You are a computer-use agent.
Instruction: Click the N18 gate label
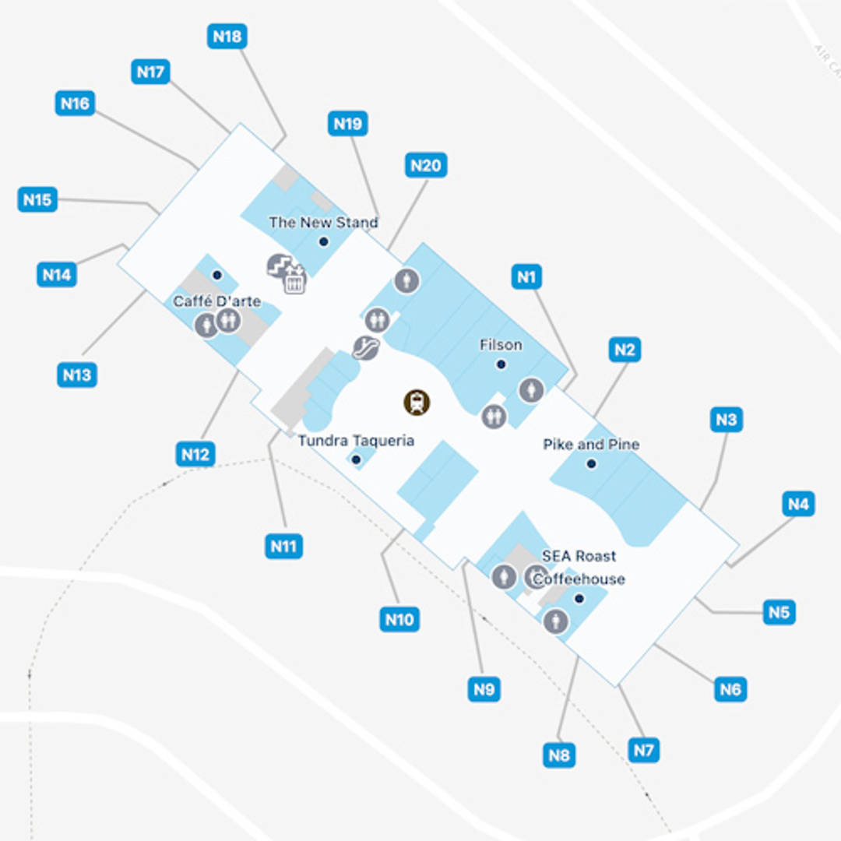pos(227,36)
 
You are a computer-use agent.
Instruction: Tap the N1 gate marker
pos(527,276)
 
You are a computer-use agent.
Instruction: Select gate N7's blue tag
pos(643,751)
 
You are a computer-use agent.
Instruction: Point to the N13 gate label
pos(76,375)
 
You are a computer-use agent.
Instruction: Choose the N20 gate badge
pos(426,165)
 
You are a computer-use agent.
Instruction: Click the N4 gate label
pos(798,504)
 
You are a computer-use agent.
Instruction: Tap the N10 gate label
pos(399,620)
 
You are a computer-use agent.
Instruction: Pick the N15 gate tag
pos(37,199)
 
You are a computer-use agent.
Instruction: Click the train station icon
pos(417,402)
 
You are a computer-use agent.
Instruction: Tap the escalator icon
pos(365,347)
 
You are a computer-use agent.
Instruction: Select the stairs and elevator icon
pos(286,273)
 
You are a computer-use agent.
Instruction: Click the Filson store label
pos(501,345)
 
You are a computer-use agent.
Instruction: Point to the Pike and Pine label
pos(591,445)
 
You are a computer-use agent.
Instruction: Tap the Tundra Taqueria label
pos(356,441)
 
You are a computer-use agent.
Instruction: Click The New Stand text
pos(323,223)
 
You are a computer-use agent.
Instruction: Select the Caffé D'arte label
pos(216,301)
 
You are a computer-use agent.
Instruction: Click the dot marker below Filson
pos(501,364)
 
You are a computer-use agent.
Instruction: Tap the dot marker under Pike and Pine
pos(591,464)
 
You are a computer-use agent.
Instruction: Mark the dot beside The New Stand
pos(323,241)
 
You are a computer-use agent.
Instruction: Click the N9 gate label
pos(484,688)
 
